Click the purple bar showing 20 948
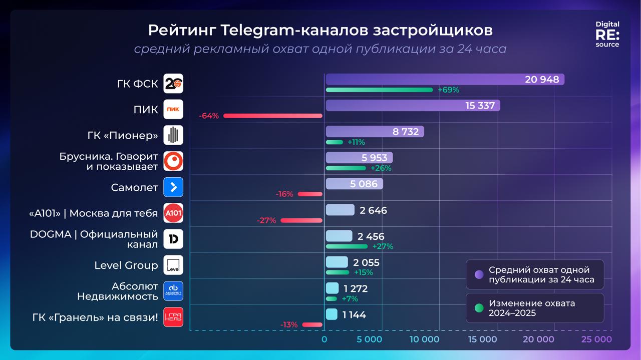(445, 80)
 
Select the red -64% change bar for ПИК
(273, 116)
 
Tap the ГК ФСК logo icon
(173, 84)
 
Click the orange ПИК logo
(173, 110)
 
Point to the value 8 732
(406, 132)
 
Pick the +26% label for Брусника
(381, 168)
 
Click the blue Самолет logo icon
(173, 187)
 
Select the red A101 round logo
(173, 213)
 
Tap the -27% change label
(266, 220)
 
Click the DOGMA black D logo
(173, 239)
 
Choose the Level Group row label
(126, 265)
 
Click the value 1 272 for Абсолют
(356, 289)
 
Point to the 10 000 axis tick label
(424, 339)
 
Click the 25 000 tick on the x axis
(596, 339)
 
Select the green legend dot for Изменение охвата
(479, 308)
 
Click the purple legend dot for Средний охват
(479, 274)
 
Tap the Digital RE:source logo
(607, 34)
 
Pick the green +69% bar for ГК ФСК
(379, 90)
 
